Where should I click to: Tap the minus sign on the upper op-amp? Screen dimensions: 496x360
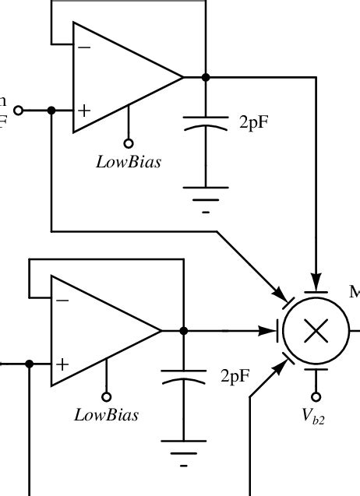pos(84,47)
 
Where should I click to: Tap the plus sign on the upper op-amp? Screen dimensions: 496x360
pos(84,111)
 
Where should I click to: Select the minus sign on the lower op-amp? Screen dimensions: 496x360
pos(62,301)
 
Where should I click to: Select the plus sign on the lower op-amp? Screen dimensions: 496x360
pos(62,364)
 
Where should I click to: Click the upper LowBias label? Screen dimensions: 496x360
pos(129,163)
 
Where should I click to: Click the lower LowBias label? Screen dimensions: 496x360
pos(107,415)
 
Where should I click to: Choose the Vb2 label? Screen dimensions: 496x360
pos(314,417)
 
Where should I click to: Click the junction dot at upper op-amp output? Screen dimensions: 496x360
pos(206,77)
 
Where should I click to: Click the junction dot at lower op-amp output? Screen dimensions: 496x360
pos(184,330)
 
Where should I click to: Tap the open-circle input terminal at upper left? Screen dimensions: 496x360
pos(19,111)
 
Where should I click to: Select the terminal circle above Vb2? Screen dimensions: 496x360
pos(316,393)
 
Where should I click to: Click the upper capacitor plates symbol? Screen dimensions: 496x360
pos(206,122)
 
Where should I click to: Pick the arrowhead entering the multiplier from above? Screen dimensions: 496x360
pos(316,281)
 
